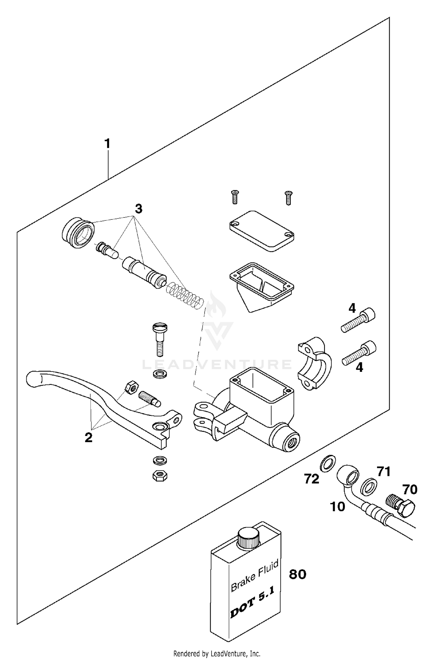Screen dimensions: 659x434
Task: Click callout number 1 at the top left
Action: pos(107,144)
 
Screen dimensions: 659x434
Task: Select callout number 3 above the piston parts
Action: pos(139,208)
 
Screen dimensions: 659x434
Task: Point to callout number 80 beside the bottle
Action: pos(298,574)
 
